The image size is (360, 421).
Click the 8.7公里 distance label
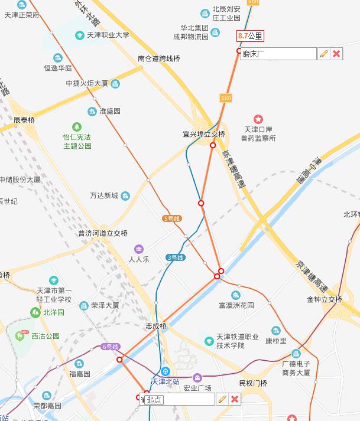(250, 36)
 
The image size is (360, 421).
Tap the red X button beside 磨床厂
(336, 54)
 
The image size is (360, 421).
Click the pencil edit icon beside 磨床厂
(323, 54)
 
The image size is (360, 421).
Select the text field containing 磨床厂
(278, 54)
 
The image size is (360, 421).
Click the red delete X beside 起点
(235, 399)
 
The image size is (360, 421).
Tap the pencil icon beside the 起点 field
(222, 399)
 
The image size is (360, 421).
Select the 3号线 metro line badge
(175, 257)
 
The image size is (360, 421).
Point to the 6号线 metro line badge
(110, 347)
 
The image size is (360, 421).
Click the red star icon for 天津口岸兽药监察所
(258, 119)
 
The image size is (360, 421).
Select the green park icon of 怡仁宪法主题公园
(77, 126)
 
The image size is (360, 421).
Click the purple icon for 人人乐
(138, 249)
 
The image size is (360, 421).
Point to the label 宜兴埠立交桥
(203, 134)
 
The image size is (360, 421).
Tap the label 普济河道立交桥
(102, 233)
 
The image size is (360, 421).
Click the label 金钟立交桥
(324, 299)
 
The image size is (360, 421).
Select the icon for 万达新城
(125, 196)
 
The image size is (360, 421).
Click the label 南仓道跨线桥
(158, 58)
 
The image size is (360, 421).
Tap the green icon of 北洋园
(35, 312)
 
